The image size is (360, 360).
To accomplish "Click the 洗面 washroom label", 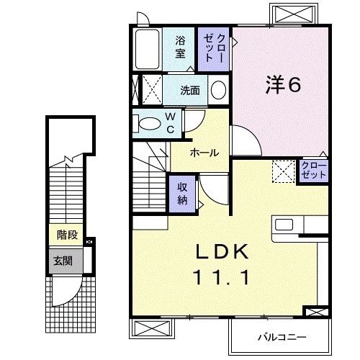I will point(191,91).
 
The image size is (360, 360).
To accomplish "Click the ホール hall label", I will point(205,153).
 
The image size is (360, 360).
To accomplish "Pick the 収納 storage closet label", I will point(184,192).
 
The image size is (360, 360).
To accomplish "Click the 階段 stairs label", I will point(67,234).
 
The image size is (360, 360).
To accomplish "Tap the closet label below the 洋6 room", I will point(314,171).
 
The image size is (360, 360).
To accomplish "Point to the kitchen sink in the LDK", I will point(285,224).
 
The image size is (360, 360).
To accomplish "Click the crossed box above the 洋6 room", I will point(294,15).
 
